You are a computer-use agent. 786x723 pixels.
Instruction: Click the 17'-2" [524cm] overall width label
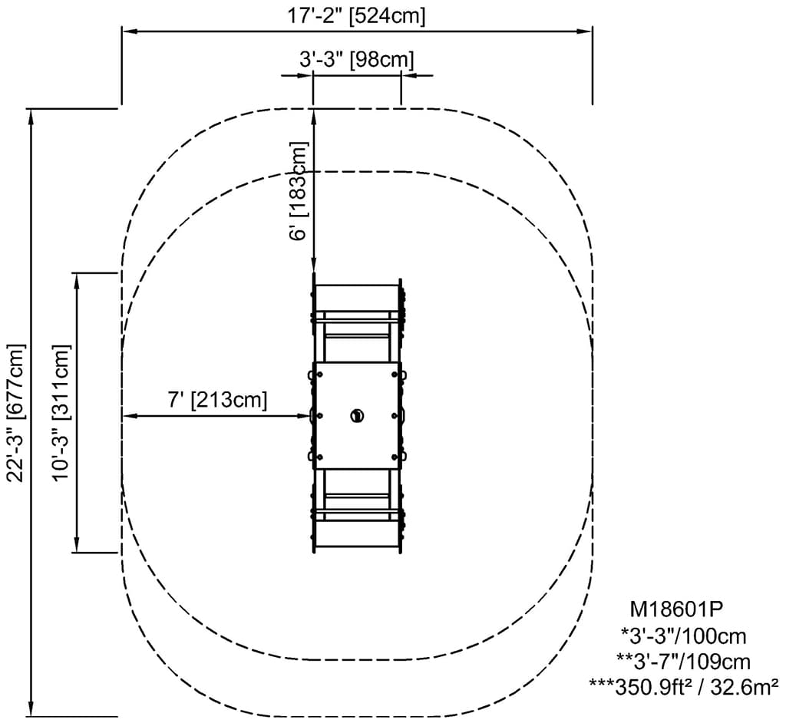coord(356,16)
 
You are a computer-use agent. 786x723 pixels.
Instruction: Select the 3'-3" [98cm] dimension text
coord(357,60)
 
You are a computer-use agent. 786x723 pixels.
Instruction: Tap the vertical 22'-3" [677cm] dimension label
coord(15,413)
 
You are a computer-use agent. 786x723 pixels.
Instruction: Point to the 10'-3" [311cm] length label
coord(61,413)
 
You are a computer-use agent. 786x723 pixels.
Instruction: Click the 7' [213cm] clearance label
coord(217,400)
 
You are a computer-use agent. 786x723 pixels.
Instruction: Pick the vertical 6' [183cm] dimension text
coord(299,190)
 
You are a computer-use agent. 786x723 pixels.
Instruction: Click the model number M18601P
coord(676,609)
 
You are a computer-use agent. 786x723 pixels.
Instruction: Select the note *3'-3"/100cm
coord(684,636)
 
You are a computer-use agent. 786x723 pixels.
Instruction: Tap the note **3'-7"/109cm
coord(684,662)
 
